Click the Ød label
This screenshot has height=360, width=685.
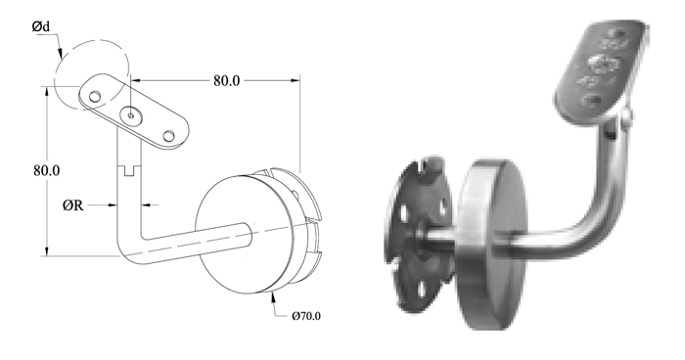click(x=40, y=26)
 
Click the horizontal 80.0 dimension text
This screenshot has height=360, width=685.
click(x=226, y=81)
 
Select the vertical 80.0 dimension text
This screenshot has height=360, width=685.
click(x=46, y=170)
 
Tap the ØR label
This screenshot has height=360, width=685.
click(x=72, y=204)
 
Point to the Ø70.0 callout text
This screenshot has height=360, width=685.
click(x=306, y=316)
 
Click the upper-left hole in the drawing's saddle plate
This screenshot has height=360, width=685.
click(x=95, y=97)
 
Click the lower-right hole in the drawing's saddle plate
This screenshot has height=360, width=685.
click(x=169, y=136)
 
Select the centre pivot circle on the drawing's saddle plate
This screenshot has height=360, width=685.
click(x=131, y=115)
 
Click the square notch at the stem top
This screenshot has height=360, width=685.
click(x=129, y=171)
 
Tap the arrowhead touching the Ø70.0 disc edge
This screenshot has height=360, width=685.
click(x=273, y=296)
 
